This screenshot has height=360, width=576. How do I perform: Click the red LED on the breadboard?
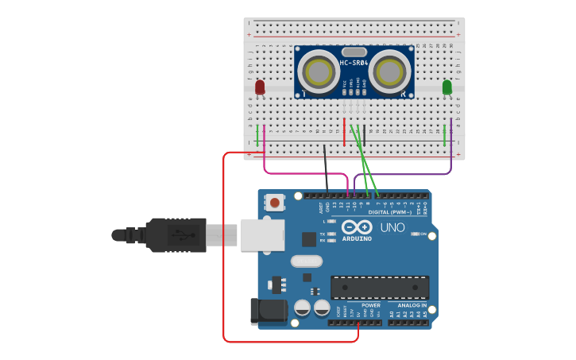[x=260, y=87]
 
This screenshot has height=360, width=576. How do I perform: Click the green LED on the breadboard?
[x=446, y=87]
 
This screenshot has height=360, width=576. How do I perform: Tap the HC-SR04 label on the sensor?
[x=354, y=63]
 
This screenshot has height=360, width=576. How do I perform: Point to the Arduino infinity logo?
[x=357, y=227]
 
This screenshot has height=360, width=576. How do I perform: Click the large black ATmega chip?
[x=380, y=287]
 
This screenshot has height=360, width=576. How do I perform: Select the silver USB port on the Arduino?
[x=261, y=234]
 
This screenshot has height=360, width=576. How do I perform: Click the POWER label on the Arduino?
[x=371, y=305]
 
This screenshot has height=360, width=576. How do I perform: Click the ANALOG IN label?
[x=408, y=305]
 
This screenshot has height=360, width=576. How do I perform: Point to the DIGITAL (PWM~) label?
[x=389, y=212]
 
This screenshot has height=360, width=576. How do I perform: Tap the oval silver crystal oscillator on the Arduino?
[x=307, y=261]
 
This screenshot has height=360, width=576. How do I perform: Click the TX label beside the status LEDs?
[x=323, y=234]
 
